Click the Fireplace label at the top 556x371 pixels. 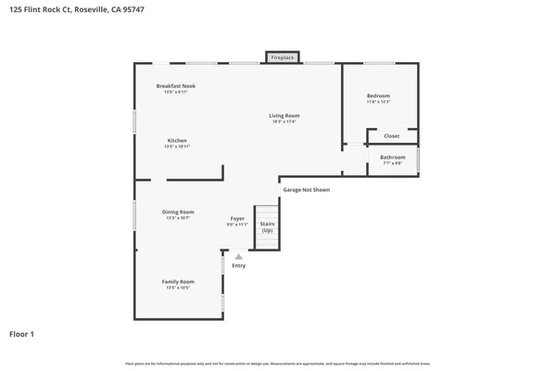click(x=283, y=58)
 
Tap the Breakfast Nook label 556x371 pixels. click(x=175, y=86)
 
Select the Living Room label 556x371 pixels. click(x=285, y=115)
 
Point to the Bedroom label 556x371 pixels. click(x=378, y=96)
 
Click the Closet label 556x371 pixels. click(x=392, y=135)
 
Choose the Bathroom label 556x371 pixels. click(x=392, y=157)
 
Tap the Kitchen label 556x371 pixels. click(x=177, y=140)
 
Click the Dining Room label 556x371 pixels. click(x=178, y=211)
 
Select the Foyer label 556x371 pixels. click(x=238, y=218)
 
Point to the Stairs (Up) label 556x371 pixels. click(x=267, y=226)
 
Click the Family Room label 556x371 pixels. click(x=178, y=281)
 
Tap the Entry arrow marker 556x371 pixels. click(x=238, y=257)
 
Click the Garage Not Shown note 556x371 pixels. click(x=306, y=189)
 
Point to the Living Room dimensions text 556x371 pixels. click(x=285, y=122)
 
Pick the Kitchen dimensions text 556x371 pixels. click(x=177, y=147)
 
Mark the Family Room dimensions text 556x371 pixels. click(x=178, y=288)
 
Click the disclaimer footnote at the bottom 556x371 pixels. click(x=278, y=363)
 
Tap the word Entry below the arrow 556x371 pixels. click(x=239, y=266)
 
